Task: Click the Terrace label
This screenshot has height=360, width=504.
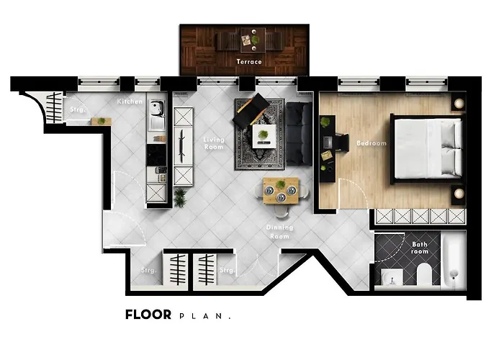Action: (x=249, y=62)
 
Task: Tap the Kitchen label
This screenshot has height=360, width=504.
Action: (x=130, y=102)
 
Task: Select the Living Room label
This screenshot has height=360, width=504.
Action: (x=213, y=144)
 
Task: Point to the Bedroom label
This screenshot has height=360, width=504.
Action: (x=372, y=143)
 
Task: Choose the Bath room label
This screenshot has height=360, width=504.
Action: (x=420, y=248)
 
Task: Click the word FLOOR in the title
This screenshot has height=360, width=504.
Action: (x=148, y=315)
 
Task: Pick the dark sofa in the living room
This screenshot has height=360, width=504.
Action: (x=298, y=133)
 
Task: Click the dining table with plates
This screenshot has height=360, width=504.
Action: (x=280, y=191)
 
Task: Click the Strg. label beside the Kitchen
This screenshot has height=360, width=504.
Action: (x=77, y=109)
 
